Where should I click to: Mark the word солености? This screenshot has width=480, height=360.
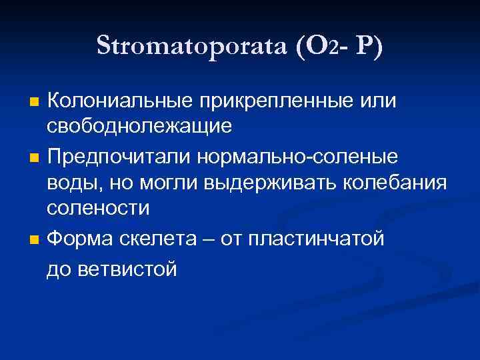click(98, 207)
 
